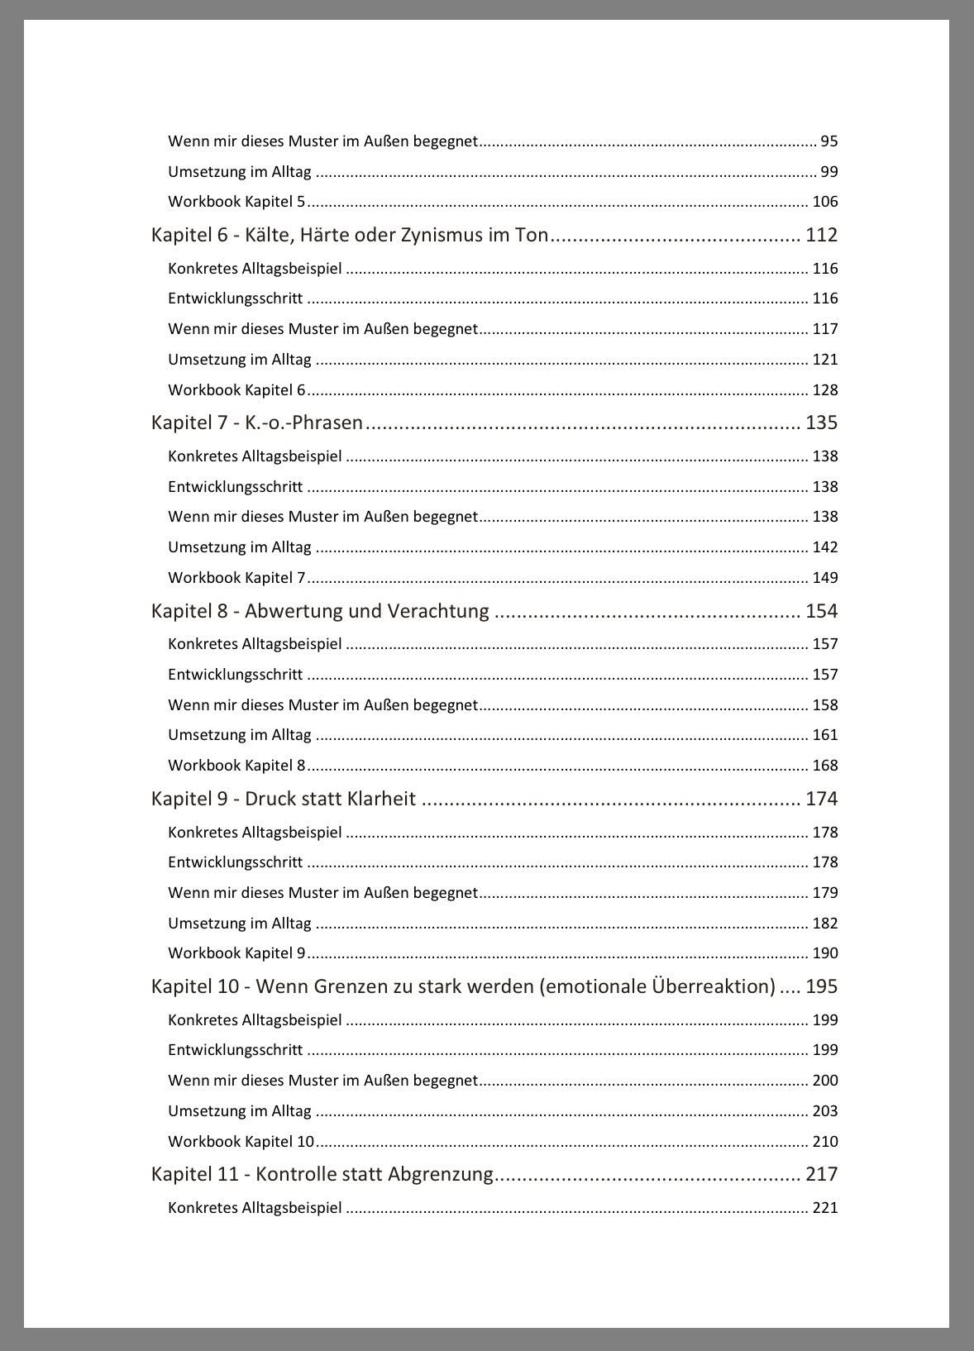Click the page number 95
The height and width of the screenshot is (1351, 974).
pos(829,141)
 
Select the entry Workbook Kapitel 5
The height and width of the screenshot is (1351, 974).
pos(236,202)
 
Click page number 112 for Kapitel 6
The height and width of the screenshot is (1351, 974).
pos(821,236)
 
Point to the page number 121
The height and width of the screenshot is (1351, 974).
pos(825,360)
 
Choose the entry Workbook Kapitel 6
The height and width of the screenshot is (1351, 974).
pos(236,390)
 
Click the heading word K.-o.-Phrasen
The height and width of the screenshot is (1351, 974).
pos(303,423)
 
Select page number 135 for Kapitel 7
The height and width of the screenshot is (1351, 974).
pos(821,423)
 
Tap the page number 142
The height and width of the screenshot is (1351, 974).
pos(825,547)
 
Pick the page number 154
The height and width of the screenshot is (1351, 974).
pos(821,612)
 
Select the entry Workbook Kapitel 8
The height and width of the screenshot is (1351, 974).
pos(236,766)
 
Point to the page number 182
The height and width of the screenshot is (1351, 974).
pos(825,924)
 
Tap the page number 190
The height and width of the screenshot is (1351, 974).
pos(825,953)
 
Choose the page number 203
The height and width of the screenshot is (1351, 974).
pos(825,1111)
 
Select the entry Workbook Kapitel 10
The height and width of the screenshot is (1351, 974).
pos(241,1142)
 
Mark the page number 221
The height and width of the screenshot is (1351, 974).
pos(825,1208)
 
